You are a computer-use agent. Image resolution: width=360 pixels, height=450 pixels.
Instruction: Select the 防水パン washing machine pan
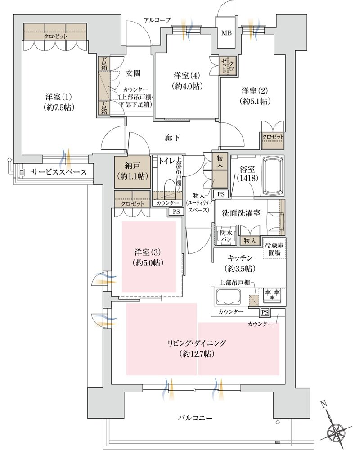click(226, 236)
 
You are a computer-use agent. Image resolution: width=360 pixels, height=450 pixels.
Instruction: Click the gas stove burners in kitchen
click(272, 295)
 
